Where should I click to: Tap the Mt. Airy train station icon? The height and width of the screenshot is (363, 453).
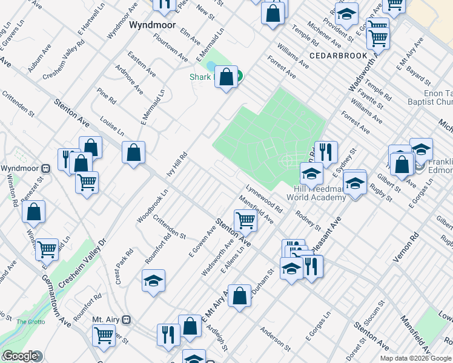127,319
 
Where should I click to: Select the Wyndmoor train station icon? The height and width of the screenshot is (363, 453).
45,168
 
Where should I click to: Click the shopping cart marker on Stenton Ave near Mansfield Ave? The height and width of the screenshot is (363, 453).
245,220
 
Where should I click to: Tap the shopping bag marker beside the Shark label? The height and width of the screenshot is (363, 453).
226,77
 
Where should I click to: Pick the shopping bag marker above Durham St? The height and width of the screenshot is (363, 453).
240,296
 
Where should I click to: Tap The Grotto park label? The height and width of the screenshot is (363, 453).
30,322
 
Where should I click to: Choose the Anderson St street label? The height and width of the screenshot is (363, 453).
274,338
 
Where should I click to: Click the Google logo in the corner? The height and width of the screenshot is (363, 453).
20,356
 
